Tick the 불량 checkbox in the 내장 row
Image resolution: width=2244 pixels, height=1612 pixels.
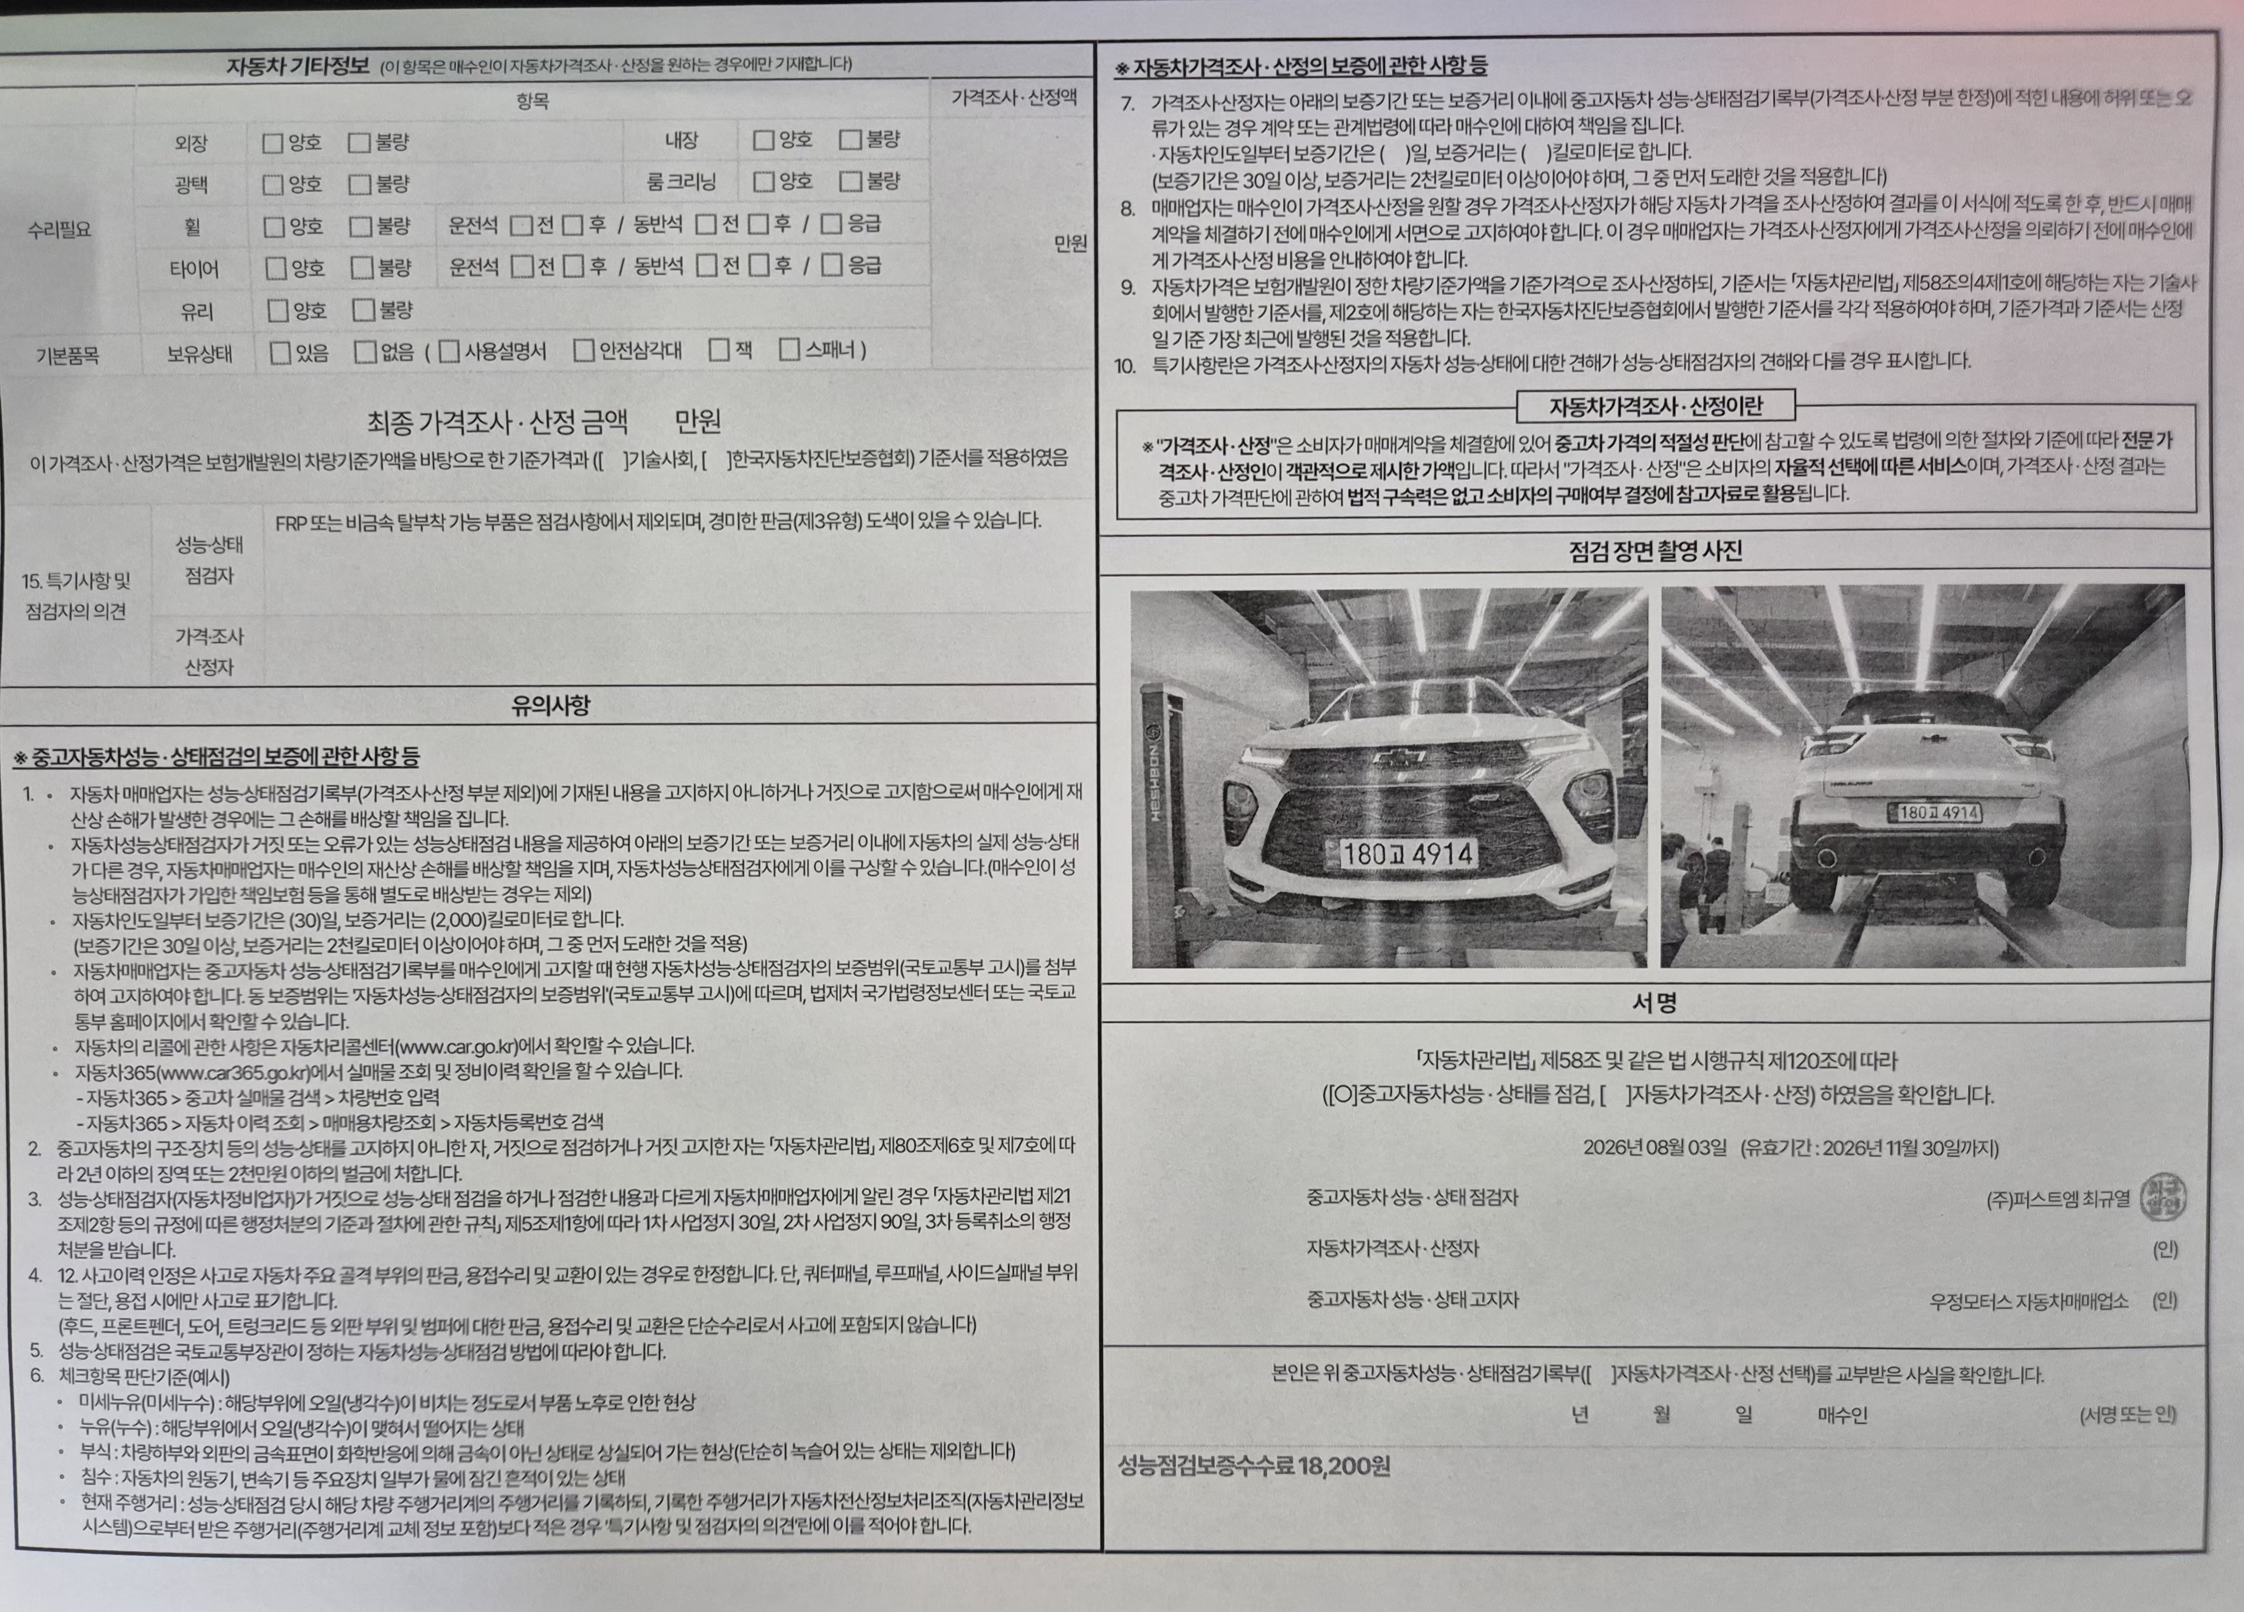click(x=850, y=140)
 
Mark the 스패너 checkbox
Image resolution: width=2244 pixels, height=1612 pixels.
click(x=789, y=349)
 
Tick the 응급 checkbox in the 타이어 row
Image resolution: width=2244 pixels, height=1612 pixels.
click(x=832, y=264)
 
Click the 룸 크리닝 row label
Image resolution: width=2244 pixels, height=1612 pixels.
click(x=682, y=182)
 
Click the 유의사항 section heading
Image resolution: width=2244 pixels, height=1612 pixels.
click(x=550, y=705)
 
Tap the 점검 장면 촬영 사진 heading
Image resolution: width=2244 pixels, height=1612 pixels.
click(x=1655, y=551)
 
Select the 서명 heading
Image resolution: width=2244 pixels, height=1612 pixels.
click(x=1654, y=1003)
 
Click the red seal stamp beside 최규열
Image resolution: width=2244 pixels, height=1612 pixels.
click(x=2163, y=1198)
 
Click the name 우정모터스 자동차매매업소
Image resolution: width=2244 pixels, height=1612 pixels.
click(x=2029, y=1301)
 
